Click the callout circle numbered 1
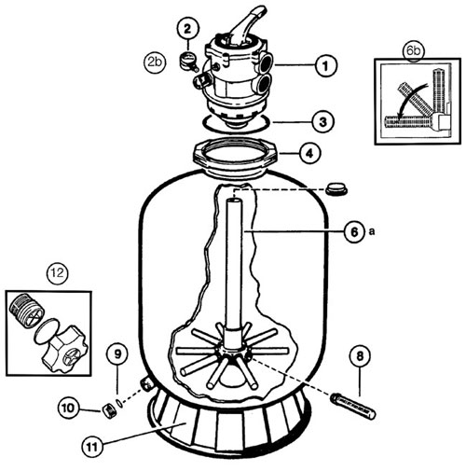tap(325, 65)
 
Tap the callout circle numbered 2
tap(187, 29)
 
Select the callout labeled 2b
tap(155, 62)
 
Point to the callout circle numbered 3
tap(323, 121)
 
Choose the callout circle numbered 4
tap(310, 153)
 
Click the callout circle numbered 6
tap(354, 231)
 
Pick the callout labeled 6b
tap(413, 50)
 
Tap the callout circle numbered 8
tap(360, 356)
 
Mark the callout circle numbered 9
tap(117, 354)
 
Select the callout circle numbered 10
tap(68, 408)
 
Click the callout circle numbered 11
tap(92, 447)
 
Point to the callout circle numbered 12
tap(58, 273)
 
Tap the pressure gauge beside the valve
tap(189, 61)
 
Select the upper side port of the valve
tap(265, 62)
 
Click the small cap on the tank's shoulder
tap(336, 188)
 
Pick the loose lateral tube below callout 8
tap(353, 406)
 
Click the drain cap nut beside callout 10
tap(108, 411)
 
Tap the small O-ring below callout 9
tap(119, 403)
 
